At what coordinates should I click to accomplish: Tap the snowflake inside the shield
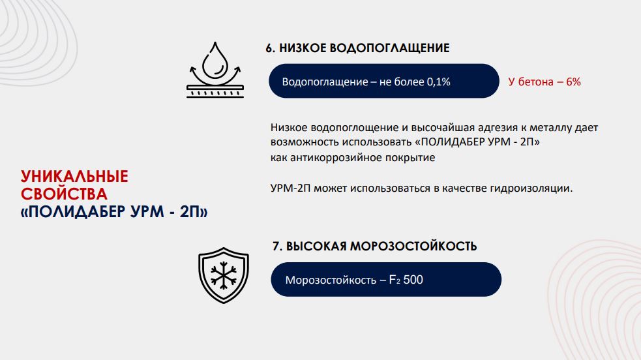tap(224, 275)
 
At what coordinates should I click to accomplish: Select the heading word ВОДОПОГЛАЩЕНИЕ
tap(389, 48)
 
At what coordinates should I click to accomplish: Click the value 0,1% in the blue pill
tap(439, 82)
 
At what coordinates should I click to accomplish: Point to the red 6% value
tap(574, 82)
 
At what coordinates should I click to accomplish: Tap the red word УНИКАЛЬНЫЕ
tap(74, 177)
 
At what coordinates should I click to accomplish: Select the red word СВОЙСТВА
tap(64, 194)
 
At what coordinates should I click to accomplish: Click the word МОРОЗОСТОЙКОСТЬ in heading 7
tap(413, 246)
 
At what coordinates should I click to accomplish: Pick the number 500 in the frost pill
tap(413, 280)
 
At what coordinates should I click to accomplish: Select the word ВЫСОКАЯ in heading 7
tap(316, 246)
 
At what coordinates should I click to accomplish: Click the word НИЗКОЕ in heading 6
tap(303, 48)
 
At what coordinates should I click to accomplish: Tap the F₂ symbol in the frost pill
tap(395, 280)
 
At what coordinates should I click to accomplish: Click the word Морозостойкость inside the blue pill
tap(331, 280)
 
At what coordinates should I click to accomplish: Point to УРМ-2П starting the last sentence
tap(290, 188)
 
